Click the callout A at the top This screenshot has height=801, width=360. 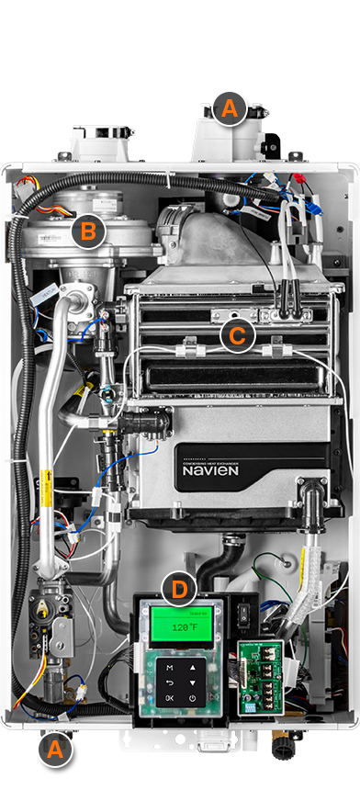(229, 110)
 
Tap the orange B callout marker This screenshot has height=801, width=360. (88, 230)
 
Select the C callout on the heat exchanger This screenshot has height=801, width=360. (237, 335)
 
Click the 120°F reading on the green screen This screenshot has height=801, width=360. (180, 629)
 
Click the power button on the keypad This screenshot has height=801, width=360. (192, 698)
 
